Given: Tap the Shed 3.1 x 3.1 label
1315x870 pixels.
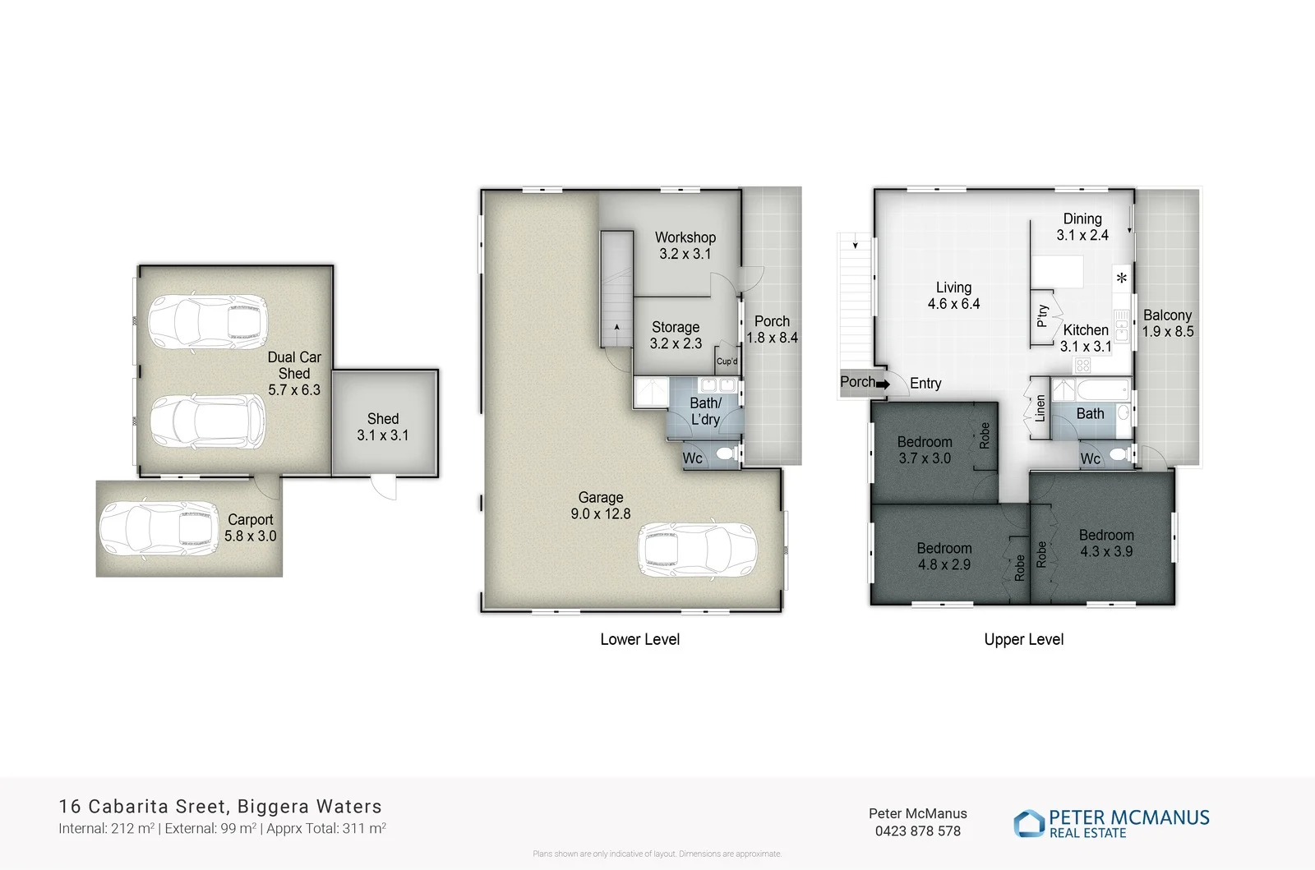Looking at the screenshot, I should click(382, 427).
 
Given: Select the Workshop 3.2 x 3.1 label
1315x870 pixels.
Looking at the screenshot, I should click(685, 246).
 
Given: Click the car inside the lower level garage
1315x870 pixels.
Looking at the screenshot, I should click(697, 549).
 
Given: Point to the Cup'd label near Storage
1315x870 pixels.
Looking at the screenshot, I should click(727, 361).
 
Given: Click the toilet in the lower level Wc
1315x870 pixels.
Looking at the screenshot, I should click(726, 454).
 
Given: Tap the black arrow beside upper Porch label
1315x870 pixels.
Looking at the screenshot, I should click(884, 384).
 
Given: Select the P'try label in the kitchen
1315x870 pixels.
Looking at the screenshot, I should click(1042, 315).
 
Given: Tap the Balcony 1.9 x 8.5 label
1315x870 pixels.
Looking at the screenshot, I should click(1167, 323).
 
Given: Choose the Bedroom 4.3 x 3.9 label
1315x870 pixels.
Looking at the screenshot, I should click(1106, 543).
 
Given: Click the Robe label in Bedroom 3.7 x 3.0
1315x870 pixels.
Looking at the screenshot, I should click(985, 435).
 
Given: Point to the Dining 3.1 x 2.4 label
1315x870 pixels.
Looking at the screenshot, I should click(1082, 227).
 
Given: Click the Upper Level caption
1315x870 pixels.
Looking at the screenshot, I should click(1023, 639).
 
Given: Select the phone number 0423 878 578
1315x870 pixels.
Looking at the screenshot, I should click(917, 831).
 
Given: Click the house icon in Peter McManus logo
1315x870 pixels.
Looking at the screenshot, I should click(1028, 823).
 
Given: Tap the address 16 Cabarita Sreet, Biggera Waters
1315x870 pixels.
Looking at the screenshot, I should click(220, 807).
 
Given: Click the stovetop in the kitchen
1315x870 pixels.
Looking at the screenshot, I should click(1083, 365).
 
